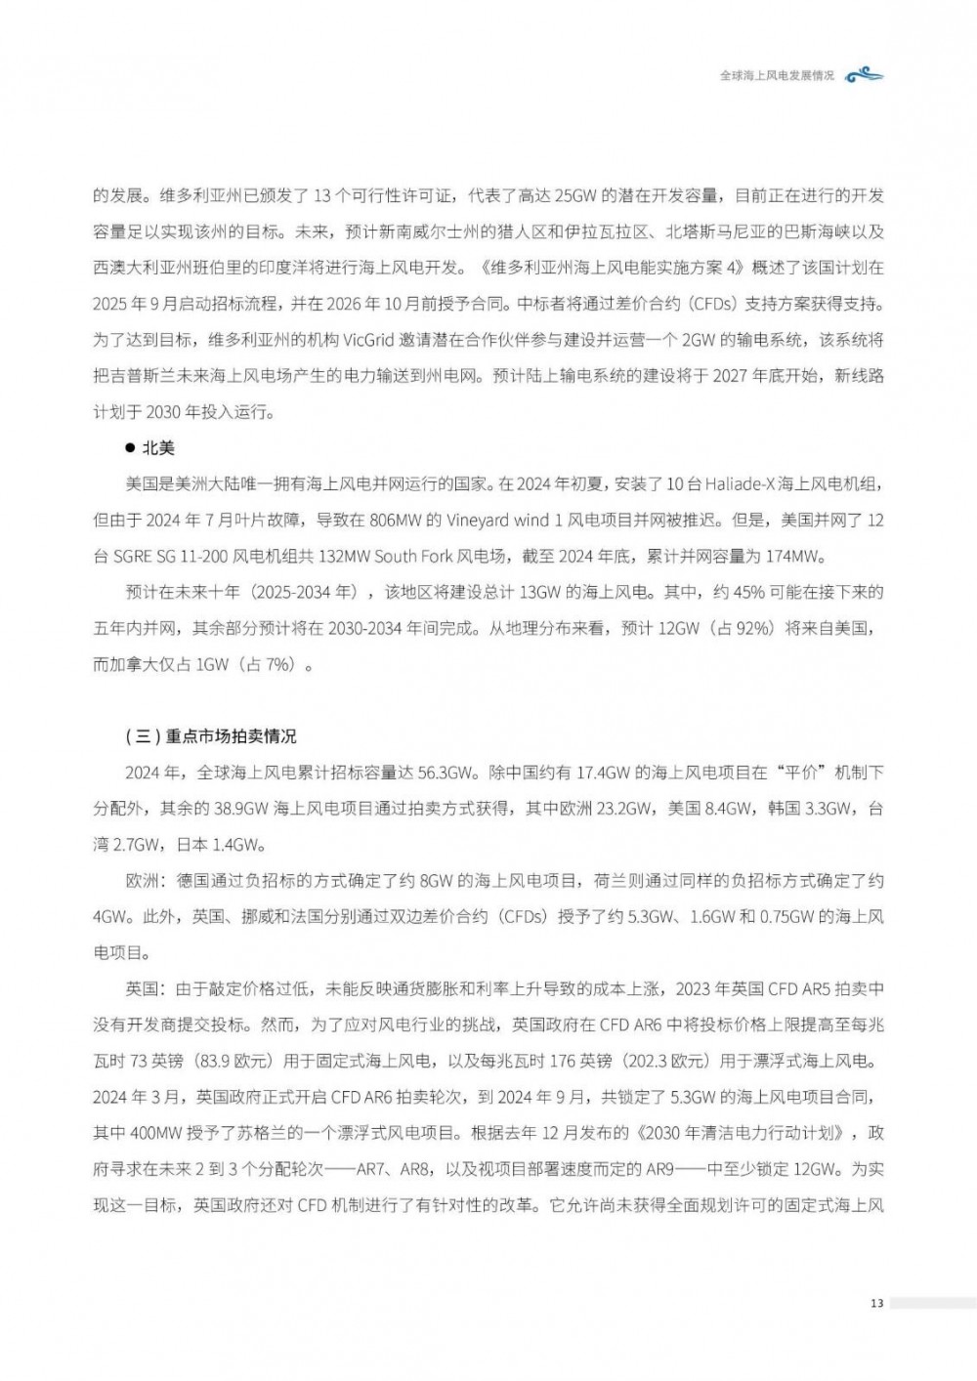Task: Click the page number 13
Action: point(876,1303)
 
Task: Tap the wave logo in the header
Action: point(865,75)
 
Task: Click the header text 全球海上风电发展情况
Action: point(777,75)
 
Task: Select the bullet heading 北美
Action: point(158,448)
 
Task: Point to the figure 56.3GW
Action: point(446,773)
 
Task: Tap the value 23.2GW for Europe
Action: point(625,809)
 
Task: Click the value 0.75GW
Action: point(786,917)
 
